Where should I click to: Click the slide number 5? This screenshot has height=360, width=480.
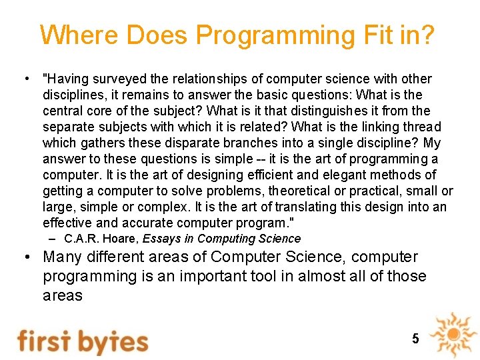[415, 339]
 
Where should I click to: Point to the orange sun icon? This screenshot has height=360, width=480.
[453, 333]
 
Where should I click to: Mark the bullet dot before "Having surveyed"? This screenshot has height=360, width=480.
[24, 79]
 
